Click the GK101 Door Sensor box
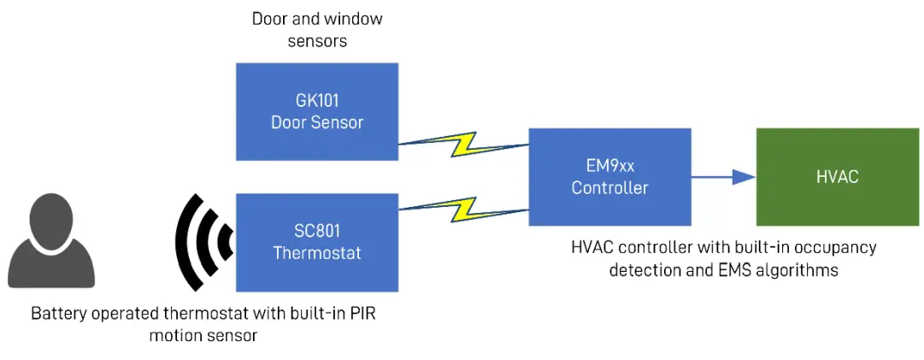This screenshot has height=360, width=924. click(x=317, y=111)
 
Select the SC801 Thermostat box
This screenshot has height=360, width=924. click(x=317, y=242)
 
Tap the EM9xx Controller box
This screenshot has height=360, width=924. click(x=609, y=177)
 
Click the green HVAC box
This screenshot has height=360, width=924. click(x=837, y=177)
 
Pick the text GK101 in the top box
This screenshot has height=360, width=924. click(x=317, y=100)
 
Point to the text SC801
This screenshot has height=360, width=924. click(x=317, y=232)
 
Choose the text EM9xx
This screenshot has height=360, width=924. click(x=609, y=167)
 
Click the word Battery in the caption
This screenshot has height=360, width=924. click(x=60, y=314)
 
